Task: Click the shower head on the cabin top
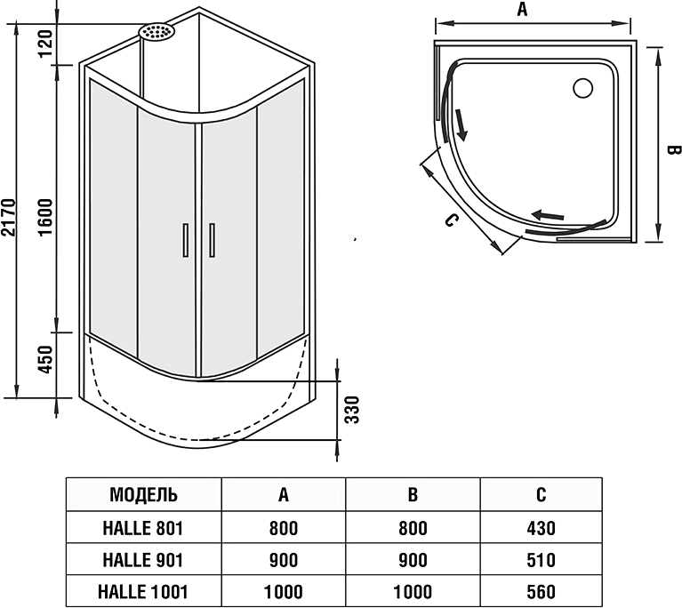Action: click(x=157, y=32)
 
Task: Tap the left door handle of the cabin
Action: click(x=185, y=240)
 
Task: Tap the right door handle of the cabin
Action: click(x=212, y=240)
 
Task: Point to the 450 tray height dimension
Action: click(x=47, y=358)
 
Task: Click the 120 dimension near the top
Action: click(x=47, y=41)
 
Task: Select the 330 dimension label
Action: click(x=351, y=409)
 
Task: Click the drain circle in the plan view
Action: click(x=584, y=88)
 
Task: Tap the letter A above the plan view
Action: click(x=523, y=10)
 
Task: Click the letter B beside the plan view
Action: click(x=673, y=150)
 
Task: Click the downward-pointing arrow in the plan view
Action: click(x=461, y=124)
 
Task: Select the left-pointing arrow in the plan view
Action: click(x=550, y=213)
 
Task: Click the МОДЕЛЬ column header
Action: click(x=143, y=495)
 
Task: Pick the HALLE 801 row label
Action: click(x=143, y=528)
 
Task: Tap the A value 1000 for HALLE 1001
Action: click(x=283, y=592)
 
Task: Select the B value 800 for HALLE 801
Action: click(x=412, y=528)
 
